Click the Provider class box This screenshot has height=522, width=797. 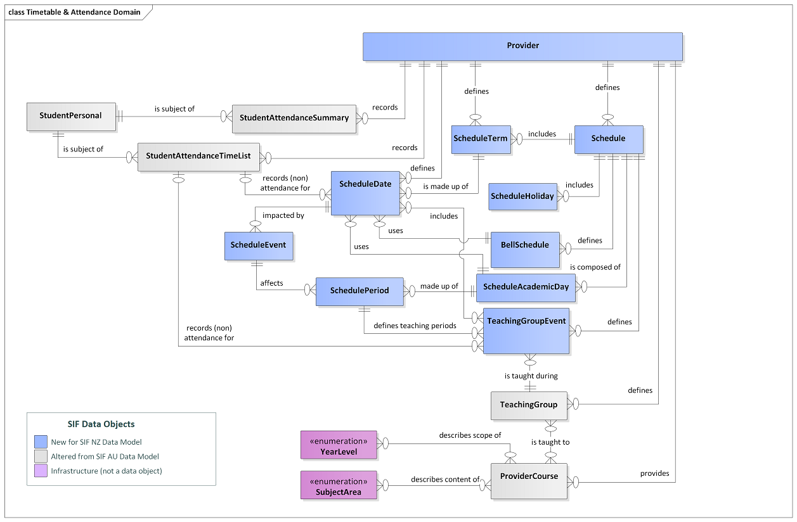click(522, 46)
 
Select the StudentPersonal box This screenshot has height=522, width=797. click(71, 117)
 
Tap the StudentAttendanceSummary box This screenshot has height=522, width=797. click(294, 118)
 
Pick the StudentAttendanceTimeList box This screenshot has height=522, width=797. click(198, 156)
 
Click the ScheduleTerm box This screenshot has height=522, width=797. click(480, 139)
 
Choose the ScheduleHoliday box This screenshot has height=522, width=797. click(522, 196)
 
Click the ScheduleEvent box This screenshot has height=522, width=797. click(258, 246)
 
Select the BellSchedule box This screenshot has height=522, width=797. click(524, 249)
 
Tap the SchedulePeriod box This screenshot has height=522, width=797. click(360, 291)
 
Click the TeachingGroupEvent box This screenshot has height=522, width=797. click(526, 331)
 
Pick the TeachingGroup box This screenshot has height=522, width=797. click(528, 405)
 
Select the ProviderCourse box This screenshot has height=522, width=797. click(528, 480)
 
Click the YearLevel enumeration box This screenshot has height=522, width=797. click(339, 445)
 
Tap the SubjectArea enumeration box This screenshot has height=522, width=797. click(339, 485)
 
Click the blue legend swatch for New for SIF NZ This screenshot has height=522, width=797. click(41, 442)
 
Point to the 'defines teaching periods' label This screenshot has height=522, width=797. click(415, 326)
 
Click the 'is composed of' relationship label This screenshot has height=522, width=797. click(595, 267)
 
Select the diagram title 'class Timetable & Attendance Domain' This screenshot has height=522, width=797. click(74, 12)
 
